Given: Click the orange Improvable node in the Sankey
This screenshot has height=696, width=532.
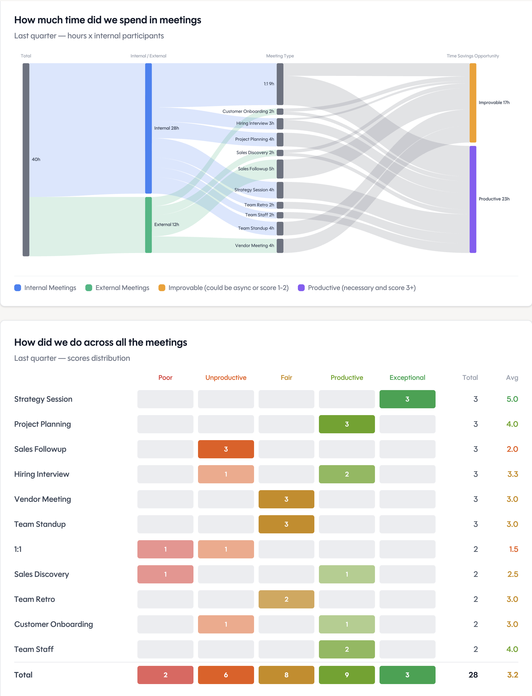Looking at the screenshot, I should [473, 103].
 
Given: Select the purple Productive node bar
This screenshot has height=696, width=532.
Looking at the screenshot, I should [473, 199].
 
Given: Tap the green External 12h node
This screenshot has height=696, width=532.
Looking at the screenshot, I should [148, 225].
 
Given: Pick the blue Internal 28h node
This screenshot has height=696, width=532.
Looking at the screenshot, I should [148, 128].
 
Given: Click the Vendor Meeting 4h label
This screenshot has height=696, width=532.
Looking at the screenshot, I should [254, 246].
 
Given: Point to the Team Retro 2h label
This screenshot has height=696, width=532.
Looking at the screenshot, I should [259, 205].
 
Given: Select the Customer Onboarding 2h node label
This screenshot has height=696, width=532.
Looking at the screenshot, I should [248, 111].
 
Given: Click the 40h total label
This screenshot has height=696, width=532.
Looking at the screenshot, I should [36, 159].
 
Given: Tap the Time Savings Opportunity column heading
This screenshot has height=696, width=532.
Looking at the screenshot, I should [473, 56].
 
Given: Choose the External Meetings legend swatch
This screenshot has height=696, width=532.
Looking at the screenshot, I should [89, 288].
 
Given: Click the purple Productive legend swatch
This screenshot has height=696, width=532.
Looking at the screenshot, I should [301, 288].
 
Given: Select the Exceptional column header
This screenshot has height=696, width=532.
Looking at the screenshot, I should [407, 378].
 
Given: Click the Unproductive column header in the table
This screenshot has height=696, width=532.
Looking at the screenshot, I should [226, 378].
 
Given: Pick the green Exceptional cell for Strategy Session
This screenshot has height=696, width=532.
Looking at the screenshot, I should [407, 399].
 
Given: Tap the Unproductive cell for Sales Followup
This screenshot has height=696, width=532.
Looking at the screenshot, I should [226, 449].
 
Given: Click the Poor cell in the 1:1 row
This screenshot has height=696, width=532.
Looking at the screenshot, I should [165, 549].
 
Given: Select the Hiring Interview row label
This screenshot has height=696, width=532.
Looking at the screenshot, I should [42, 474].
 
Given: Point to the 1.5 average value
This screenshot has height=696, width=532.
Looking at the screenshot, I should [513, 549].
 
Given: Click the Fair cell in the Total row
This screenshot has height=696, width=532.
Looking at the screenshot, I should [286, 675].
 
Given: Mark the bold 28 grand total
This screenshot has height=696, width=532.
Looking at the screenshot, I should [473, 675].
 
